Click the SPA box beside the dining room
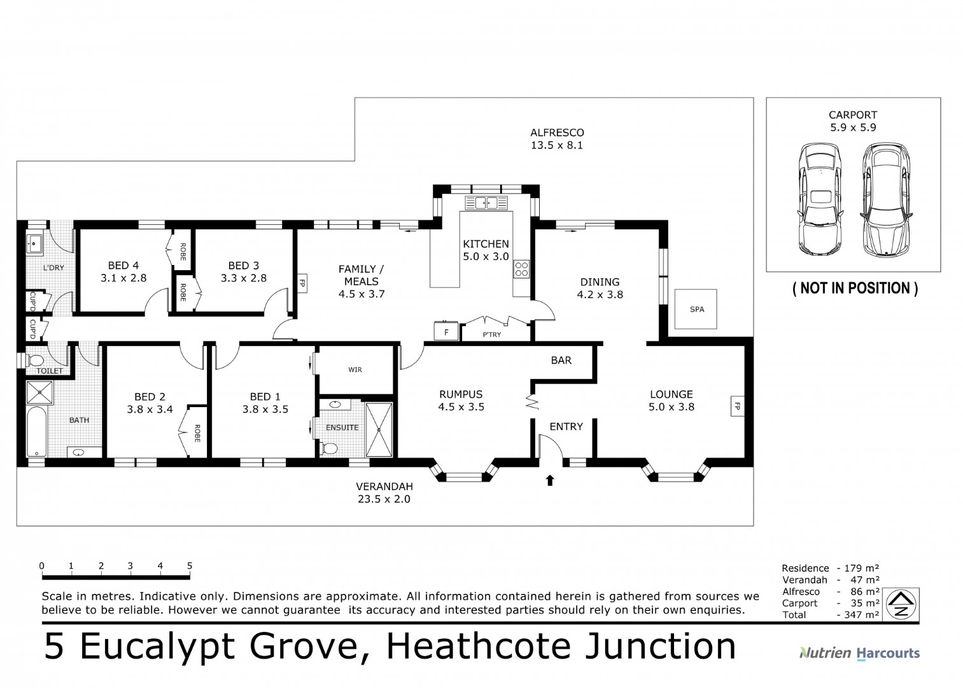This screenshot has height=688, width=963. (x=696, y=310)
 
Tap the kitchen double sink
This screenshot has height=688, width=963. (x=486, y=203)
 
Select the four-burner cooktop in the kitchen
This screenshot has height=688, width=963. (x=521, y=269)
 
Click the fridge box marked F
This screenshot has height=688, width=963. (x=446, y=332)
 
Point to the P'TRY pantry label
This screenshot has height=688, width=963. (x=491, y=334)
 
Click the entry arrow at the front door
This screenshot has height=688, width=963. (x=550, y=480)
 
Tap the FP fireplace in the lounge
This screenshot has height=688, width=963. (x=737, y=406)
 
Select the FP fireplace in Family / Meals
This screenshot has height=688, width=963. (x=302, y=283)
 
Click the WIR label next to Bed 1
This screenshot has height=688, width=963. (x=355, y=369)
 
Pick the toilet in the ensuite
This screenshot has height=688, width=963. (x=329, y=449)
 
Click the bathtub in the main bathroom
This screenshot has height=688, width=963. (x=36, y=431)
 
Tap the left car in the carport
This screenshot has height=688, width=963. (x=820, y=199)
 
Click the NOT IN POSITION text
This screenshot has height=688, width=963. (x=854, y=289)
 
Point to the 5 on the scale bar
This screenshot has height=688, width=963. (x=190, y=566)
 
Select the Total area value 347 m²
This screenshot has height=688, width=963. (x=860, y=615)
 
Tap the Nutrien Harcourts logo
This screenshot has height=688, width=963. (x=859, y=653)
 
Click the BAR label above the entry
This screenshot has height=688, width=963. (x=561, y=361)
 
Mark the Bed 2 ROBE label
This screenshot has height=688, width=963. (x=197, y=434)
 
